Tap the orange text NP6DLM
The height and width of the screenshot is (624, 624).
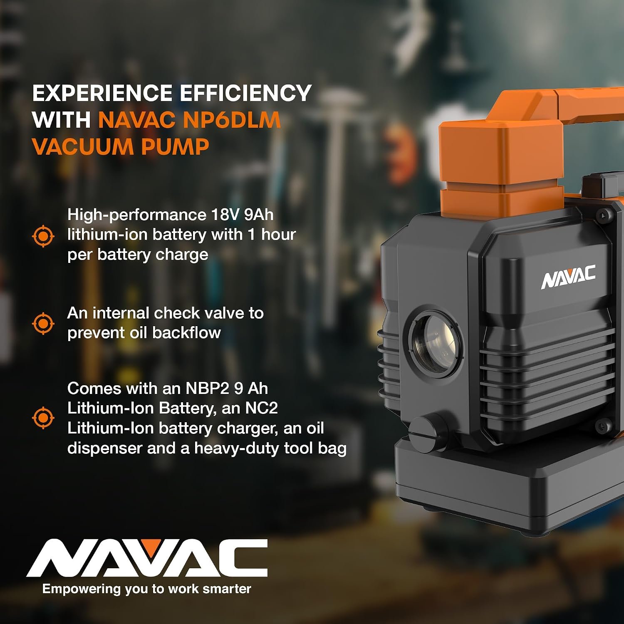(232, 120)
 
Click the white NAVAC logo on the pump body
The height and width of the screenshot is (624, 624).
(568, 277)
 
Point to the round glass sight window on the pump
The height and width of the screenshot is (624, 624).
(435, 344)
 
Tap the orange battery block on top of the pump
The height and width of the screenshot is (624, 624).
(501, 166)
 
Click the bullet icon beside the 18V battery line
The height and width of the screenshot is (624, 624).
(43, 236)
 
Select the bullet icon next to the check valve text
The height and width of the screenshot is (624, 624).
(43, 323)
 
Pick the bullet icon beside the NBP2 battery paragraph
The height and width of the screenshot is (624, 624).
(43, 418)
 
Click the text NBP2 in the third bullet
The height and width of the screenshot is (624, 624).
(207, 389)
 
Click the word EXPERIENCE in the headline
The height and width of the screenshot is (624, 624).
(102, 93)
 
